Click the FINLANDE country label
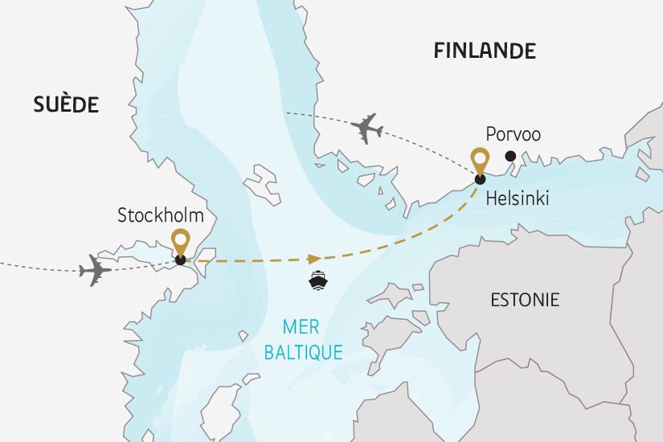484,51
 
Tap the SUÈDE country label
66,104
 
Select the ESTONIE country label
525,301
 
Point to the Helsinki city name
518,198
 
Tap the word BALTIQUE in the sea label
302,351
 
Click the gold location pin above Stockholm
181,240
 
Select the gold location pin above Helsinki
480,159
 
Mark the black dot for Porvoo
510,157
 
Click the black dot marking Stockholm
181,260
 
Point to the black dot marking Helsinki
480,179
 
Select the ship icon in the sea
317,280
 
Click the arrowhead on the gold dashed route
314,258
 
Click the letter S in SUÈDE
39,104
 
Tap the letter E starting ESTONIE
494,301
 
